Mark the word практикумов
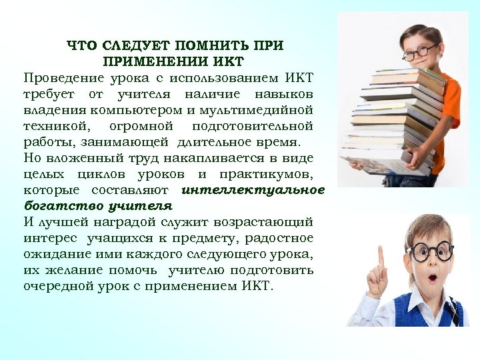tap(272, 174)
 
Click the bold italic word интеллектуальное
tap(253, 190)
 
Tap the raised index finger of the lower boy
tap(381, 257)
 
